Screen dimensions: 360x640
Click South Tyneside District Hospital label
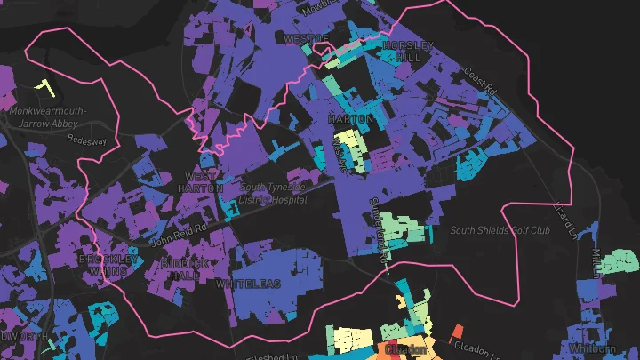coord(273,193)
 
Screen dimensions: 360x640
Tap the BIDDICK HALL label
coord(185,270)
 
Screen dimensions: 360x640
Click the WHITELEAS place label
coord(248,284)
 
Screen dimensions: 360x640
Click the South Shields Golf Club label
coord(500,231)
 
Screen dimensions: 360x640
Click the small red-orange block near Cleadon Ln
coord(458,332)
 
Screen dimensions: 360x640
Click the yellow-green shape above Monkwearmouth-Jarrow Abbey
coord(40,87)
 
